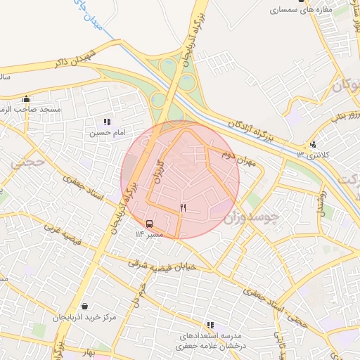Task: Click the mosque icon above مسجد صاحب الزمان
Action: [27, 98]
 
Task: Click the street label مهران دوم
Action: [237, 157]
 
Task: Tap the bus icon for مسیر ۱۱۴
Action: [149, 224]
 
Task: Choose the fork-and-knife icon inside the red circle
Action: [184, 207]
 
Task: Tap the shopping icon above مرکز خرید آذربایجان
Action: [86, 307]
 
